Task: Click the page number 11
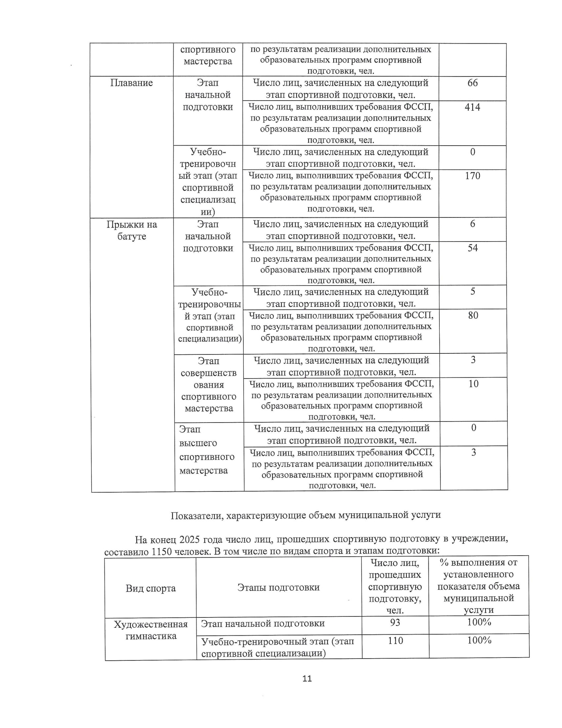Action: pyautogui.click(x=307, y=679)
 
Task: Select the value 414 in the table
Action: pyautogui.click(x=472, y=107)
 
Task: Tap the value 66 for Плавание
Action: pyautogui.click(x=472, y=83)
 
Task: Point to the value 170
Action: pyautogui.click(x=472, y=176)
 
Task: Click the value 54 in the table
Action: pyautogui.click(x=473, y=248)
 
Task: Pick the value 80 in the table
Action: pyautogui.click(x=473, y=315)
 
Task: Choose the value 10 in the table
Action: pyautogui.click(x=473, y=384)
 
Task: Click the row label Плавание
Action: pyautogui.click(x=132, y=83)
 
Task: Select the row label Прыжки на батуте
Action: pyautogui.click(x=132, y=230)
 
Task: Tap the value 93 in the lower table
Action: pyautogui.click(x=395, y=622)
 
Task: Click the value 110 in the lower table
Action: pyautogui.click(x=395, y=640)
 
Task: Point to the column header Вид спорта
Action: pyautogui.click(x=150, y=588)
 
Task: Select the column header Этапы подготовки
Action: pyautogui.click(x=278, y=587)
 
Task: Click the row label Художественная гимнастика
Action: pyautogui.click(x=151, y=630)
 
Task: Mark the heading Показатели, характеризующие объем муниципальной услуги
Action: pyautogui.click(x=306, y=515)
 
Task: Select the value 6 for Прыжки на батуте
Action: pyautogui.click(x=472, y=224)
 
